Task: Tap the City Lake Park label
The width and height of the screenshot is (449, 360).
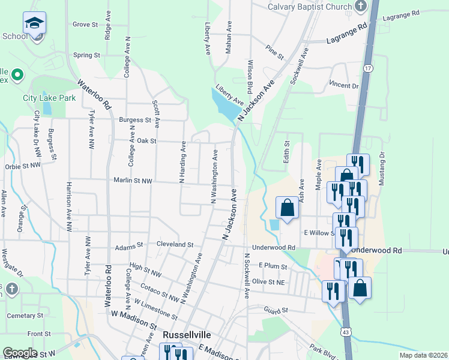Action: (49, 98)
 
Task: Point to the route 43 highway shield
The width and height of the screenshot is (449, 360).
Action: (347, 332)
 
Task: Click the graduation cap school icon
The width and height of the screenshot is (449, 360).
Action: (34, 23)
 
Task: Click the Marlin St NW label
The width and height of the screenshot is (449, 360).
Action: (133, 181)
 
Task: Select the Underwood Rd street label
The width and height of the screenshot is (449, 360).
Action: (274, 247)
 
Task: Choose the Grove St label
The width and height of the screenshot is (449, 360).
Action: (85, 25)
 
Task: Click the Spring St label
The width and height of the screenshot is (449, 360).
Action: (86, 55)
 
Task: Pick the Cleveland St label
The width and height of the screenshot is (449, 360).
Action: (175, 245)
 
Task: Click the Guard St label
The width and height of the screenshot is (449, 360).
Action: (276, 310)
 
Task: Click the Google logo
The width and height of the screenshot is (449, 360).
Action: (20, 353)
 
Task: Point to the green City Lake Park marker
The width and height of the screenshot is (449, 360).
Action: (17, 76)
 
